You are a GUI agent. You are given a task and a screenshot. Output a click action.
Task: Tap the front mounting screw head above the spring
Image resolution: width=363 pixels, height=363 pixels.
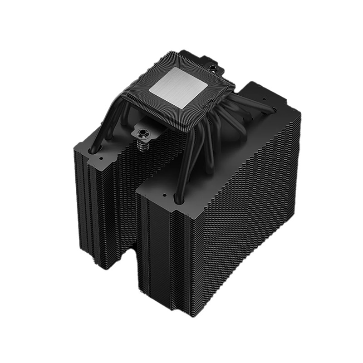141,133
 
